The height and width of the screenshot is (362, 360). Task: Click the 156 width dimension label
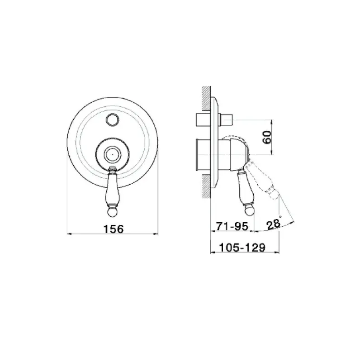(x=114, y=229)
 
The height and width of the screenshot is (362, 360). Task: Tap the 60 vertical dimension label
(x=267, y=137)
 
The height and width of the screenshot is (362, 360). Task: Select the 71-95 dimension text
(x=232, y=226)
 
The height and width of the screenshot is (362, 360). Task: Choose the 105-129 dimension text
(x=242, y=248)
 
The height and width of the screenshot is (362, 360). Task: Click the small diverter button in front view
(x=112, y=120)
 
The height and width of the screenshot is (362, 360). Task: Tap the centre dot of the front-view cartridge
(x=112, y=154)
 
